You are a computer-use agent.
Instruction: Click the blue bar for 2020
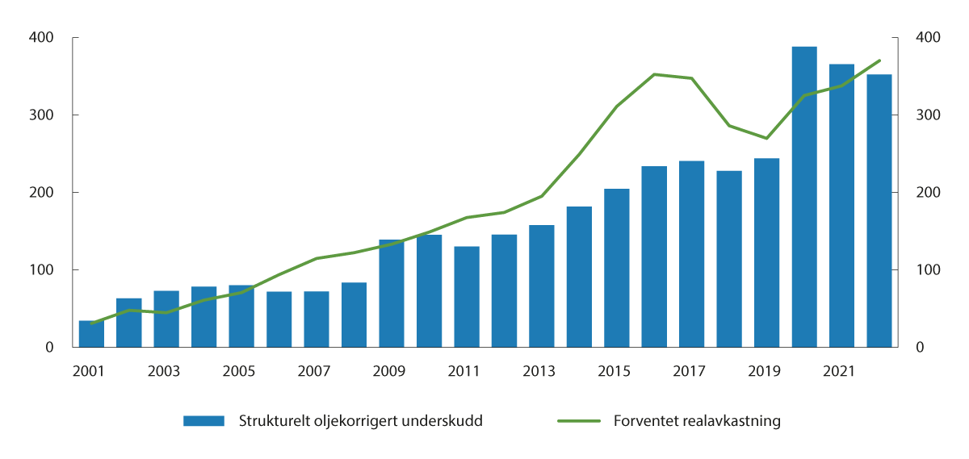(804, 197)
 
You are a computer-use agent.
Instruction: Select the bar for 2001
(91, 334)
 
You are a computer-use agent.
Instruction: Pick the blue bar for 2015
(617, 268)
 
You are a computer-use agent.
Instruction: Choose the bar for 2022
(879, 211)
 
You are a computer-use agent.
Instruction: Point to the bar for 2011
(467, 297)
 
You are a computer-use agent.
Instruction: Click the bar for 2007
(317, 319)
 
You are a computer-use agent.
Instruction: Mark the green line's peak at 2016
(654, 74)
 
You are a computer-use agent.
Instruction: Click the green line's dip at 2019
(766, 138)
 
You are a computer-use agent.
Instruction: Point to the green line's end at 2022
(879, 61)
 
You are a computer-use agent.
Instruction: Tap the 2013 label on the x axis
(539, 371)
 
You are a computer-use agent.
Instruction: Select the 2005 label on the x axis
(239, 371)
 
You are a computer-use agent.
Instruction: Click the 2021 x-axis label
(840, 371)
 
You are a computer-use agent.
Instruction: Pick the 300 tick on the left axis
(42, 115)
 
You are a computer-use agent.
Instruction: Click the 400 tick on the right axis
(928, 38)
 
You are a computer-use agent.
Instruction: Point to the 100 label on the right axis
(928, 270)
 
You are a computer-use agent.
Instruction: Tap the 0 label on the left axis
(49, 348)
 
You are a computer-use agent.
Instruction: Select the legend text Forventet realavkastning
(697, 421)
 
